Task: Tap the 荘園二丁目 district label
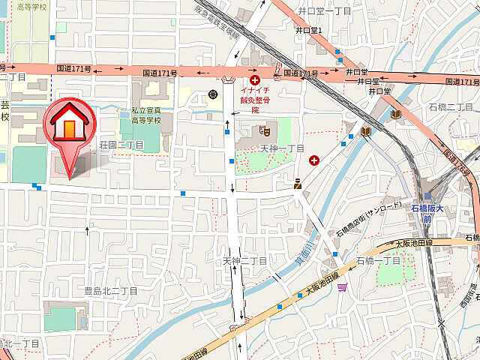(121, 145)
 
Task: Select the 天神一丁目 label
(282, 148)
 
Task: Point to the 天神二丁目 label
(244, 260)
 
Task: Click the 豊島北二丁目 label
(110, 290)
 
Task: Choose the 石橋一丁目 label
(379, 260)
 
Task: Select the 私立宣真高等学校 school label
(147, 115)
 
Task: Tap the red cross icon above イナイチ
(255, 79)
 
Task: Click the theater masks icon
(263, 130)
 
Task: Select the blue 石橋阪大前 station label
(427, 212)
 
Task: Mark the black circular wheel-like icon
(214, 94)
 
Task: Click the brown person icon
(297, 182)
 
